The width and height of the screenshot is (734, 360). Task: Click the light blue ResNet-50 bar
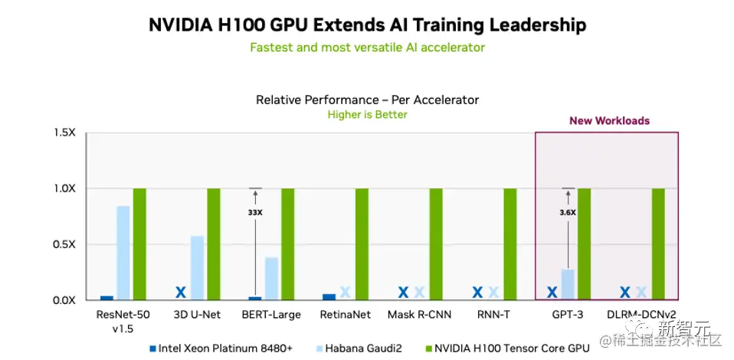point(123,253)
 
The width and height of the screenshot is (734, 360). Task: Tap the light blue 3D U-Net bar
point(197,267)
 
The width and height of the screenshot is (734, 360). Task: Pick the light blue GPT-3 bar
point(568,284)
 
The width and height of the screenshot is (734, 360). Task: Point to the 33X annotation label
point(254,212)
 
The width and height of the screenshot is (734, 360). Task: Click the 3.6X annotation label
point(567,212)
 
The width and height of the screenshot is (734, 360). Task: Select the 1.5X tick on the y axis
point(64,133)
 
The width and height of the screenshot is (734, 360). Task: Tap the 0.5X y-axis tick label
point(64,244)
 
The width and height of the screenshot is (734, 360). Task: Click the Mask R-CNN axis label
point(421,314)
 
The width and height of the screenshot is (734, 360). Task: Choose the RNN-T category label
point(493,314)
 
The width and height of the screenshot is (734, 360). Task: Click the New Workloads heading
point(609,120)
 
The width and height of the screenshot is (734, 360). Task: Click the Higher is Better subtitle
point(367,115)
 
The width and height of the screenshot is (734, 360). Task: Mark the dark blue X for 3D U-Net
point(181,292)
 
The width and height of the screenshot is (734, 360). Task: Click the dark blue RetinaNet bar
point(329,296)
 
